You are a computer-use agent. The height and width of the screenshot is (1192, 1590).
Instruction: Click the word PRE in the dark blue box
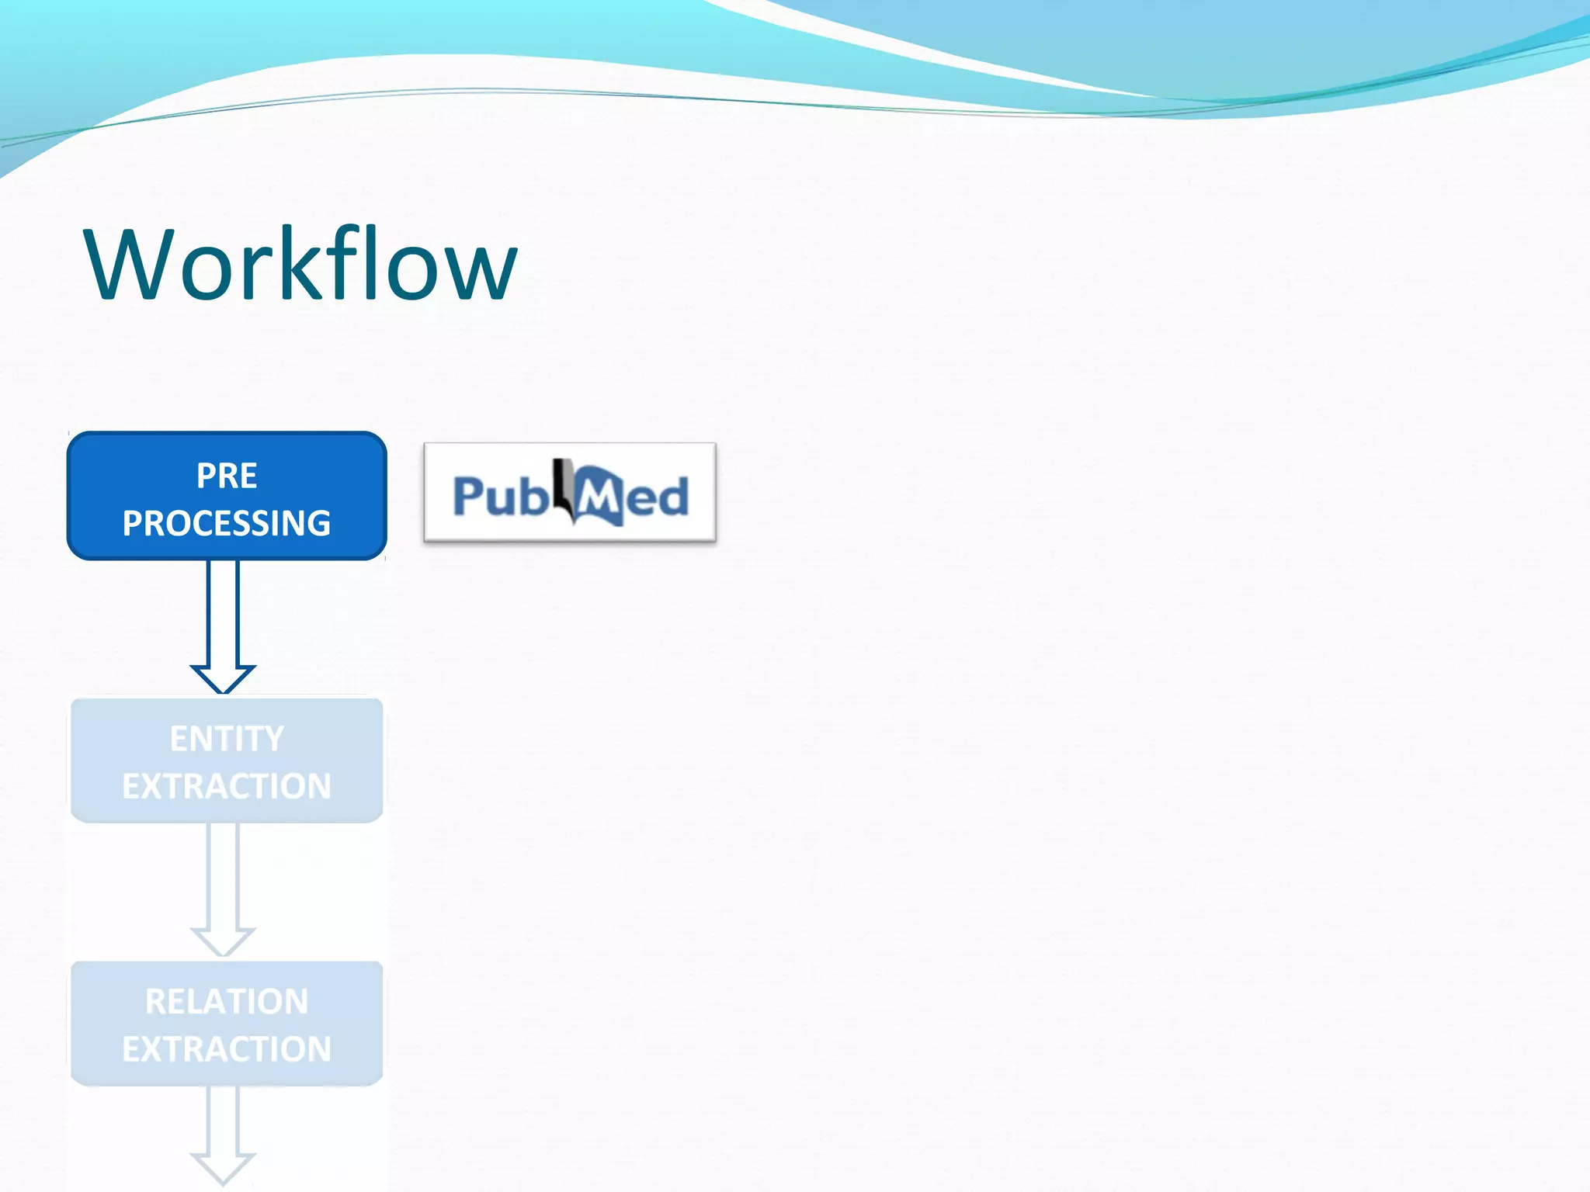(226, 476)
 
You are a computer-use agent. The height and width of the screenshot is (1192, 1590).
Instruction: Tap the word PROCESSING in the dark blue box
(226, 523)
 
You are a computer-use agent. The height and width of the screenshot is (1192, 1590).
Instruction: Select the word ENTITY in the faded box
(227, 738)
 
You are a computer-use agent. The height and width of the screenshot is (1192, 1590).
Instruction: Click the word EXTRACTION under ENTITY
(226, 786)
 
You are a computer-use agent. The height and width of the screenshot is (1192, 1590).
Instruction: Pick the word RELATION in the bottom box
(227, 1001)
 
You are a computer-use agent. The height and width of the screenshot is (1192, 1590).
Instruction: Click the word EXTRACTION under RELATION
(226, 1049)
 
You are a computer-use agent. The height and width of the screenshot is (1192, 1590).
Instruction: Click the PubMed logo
(570, 492)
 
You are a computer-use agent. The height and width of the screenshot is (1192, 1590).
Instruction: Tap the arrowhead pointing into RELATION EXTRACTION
(223, 941)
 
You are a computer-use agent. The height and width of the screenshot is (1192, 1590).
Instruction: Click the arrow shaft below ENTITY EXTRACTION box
(223, 873)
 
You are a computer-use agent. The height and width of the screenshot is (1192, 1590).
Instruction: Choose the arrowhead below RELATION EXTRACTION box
(223, 1167)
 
